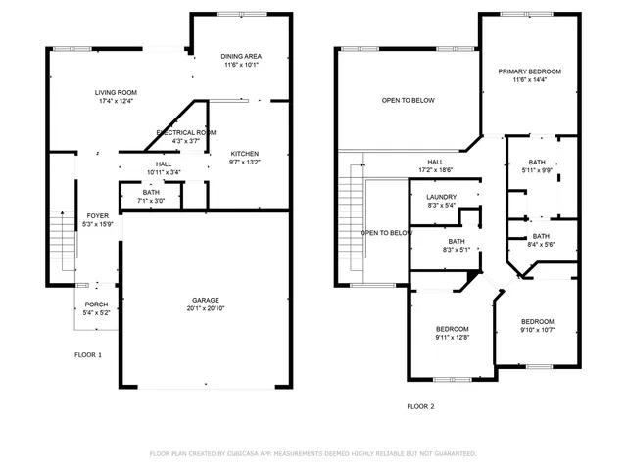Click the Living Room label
pyautogui.click(x=116, y=92)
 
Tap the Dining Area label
pyautogui.click(x=241, y=57)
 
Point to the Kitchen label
pyautogui.click(x=244, y=154)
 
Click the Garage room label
pyautogui.click(x=205, y=300)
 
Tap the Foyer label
pyautogui.click(x=97, y=215)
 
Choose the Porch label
pyautogui.click(x=96, y=305)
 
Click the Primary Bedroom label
pyautogui.click(x=529, y=71)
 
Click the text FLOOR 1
pyautogui.click(x=88, y=354)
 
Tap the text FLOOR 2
pyautogui.click(x=420, y=405)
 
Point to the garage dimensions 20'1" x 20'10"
pyautogui.click(x=205, y=308)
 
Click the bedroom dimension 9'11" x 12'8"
pyautogui.click(x=452, y=337)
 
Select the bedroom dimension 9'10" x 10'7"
pyautogui.click(x=537, y=330)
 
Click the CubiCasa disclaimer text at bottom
pyautogui.click(x=313, y=453)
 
